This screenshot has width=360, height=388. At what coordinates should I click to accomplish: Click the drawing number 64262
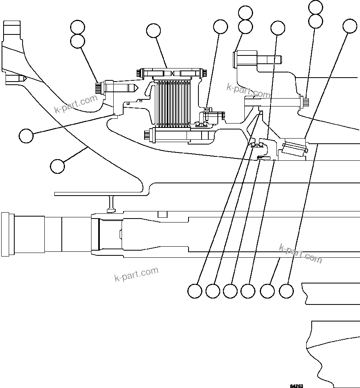click(296, 385)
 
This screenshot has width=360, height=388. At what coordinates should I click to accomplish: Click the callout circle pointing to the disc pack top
click(153, 30)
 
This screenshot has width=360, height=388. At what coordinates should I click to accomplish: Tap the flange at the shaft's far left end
click(6, 234)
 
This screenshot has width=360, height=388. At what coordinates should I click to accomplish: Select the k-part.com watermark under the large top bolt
click(249, 91)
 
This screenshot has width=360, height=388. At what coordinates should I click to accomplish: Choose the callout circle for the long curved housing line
click(58, 165)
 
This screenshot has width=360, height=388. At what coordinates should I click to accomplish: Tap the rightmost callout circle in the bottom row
click(287, 291)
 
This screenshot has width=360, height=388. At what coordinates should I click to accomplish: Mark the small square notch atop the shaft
click(162, 214)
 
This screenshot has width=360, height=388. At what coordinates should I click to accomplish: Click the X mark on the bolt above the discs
click(173, 73)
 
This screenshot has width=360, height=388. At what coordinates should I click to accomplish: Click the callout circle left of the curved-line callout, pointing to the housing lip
click(26, 135)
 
